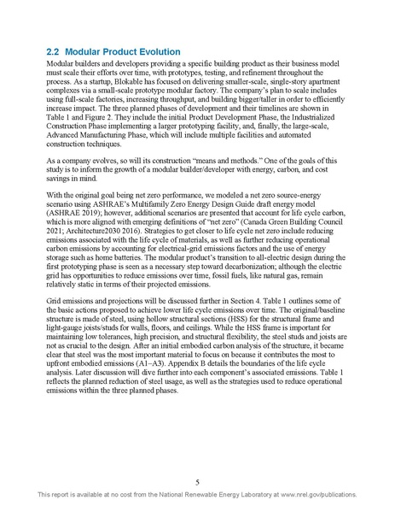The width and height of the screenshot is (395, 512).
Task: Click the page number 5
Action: (197, 481)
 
